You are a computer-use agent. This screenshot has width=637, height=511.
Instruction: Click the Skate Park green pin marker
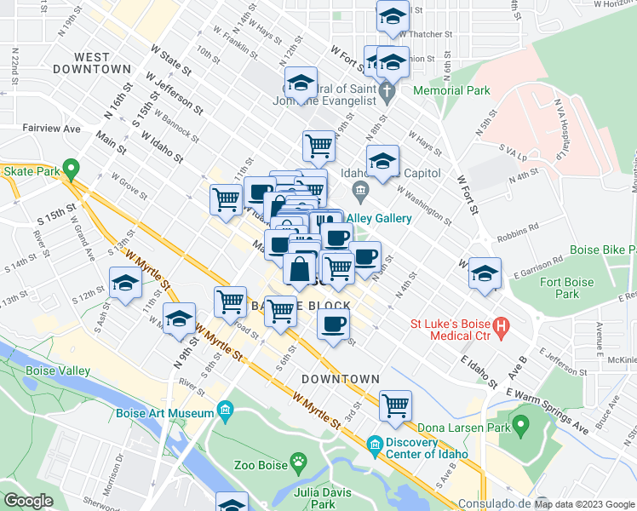click(72, 169)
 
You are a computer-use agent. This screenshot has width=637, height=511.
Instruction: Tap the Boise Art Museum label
click(167, 413)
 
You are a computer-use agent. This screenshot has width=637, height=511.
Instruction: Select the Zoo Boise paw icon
click(298, 464)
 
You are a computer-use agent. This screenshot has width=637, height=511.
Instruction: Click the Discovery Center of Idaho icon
click(375, 445)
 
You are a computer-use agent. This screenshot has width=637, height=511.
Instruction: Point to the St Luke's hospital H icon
click(502, 324)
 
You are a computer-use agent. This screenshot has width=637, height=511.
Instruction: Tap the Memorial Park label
click(452, 89)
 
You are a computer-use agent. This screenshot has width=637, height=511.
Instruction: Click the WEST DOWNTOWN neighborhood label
click(92, 63)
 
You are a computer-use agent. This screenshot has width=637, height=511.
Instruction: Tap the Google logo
click(28, 501)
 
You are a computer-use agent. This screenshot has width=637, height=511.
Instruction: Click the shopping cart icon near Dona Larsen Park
click(395, 405)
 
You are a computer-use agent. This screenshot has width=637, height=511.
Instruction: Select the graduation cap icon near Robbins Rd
click(485, 273)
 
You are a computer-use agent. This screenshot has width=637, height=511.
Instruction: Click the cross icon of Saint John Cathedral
click(387, 90)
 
